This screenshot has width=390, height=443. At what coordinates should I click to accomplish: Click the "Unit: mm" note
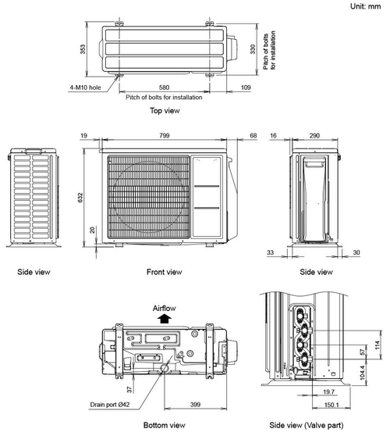[x=365, y=6]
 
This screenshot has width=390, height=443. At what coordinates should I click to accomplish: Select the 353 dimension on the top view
[x=83, y=49]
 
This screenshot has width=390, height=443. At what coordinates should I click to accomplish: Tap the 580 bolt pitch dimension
[x=164, y=88]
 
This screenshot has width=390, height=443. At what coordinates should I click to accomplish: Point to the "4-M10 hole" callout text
[x=85, y=88]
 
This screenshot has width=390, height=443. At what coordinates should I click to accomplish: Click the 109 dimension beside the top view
[x=246, y=88]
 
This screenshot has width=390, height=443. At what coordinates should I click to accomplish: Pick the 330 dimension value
[x=253, y=49]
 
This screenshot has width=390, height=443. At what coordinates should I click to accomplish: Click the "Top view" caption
[x=165, y=110]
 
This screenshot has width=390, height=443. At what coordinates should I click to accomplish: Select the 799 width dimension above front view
[x=165, y=136]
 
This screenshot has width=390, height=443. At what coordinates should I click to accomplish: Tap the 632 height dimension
[x=80, y=198]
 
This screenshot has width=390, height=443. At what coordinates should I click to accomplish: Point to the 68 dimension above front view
[x=253, y=136]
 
